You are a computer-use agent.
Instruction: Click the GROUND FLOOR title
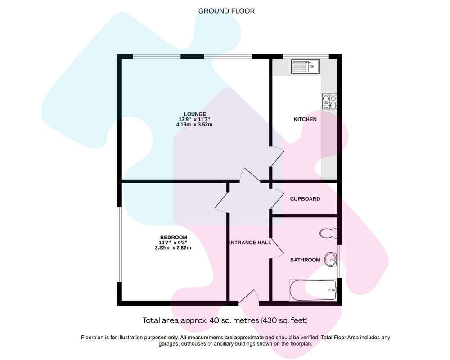click(226, 11)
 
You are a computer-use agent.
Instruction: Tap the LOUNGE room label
click(195, 114)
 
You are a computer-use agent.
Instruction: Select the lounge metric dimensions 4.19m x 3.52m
click(194, 125)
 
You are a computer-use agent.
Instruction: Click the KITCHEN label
click(305, 119)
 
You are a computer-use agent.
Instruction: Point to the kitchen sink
click(306, 67)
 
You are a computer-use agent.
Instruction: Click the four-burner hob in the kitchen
click(329, 101)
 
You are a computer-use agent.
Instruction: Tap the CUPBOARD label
click(305, 199)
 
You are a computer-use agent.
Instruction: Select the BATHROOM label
click(305, 260)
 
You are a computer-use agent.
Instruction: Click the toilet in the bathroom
click(328, 233)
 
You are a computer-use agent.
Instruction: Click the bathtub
click(313, 290)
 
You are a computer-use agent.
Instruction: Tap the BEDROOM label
click(173, 238)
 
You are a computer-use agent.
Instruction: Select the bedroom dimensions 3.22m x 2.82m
click(173, 248)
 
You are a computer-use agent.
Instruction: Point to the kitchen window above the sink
click(306, 57)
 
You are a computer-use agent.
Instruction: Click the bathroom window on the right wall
click(340, 261)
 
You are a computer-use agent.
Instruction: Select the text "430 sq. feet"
click(284, 320)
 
